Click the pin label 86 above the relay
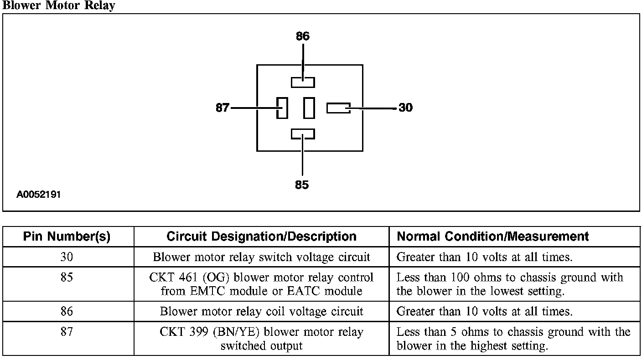coord(303,36)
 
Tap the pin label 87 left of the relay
coord(223,108)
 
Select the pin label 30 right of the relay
coord(405,108)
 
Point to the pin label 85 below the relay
coord(302,185)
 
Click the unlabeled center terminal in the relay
coord(309,108)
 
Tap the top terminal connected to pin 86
coord(303,82)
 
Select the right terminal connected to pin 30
coord(338,108)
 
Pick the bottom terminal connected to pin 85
coord(303,134)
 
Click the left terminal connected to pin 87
coord(282,108)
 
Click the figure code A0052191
coord(38,195)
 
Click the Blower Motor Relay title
coord(58,5)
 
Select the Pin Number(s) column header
coord(67,237)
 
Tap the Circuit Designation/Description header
coord(261,237)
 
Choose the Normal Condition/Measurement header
coord(493,237)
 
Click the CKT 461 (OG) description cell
coord(261,284)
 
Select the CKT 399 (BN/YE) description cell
coord(261,339)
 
